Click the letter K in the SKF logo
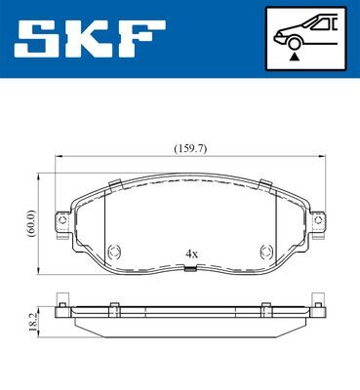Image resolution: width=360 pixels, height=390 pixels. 89,38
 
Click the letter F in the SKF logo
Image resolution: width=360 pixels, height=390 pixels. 140,38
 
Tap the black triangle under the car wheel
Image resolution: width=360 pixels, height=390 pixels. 295,57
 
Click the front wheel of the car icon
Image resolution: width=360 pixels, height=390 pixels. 295,44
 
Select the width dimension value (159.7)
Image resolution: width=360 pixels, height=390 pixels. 190,149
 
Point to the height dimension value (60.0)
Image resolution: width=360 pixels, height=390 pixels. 31,223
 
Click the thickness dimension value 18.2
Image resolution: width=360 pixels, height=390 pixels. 33,322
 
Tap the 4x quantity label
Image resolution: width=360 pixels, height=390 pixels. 191,254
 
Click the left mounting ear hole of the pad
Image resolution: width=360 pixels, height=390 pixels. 62,220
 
